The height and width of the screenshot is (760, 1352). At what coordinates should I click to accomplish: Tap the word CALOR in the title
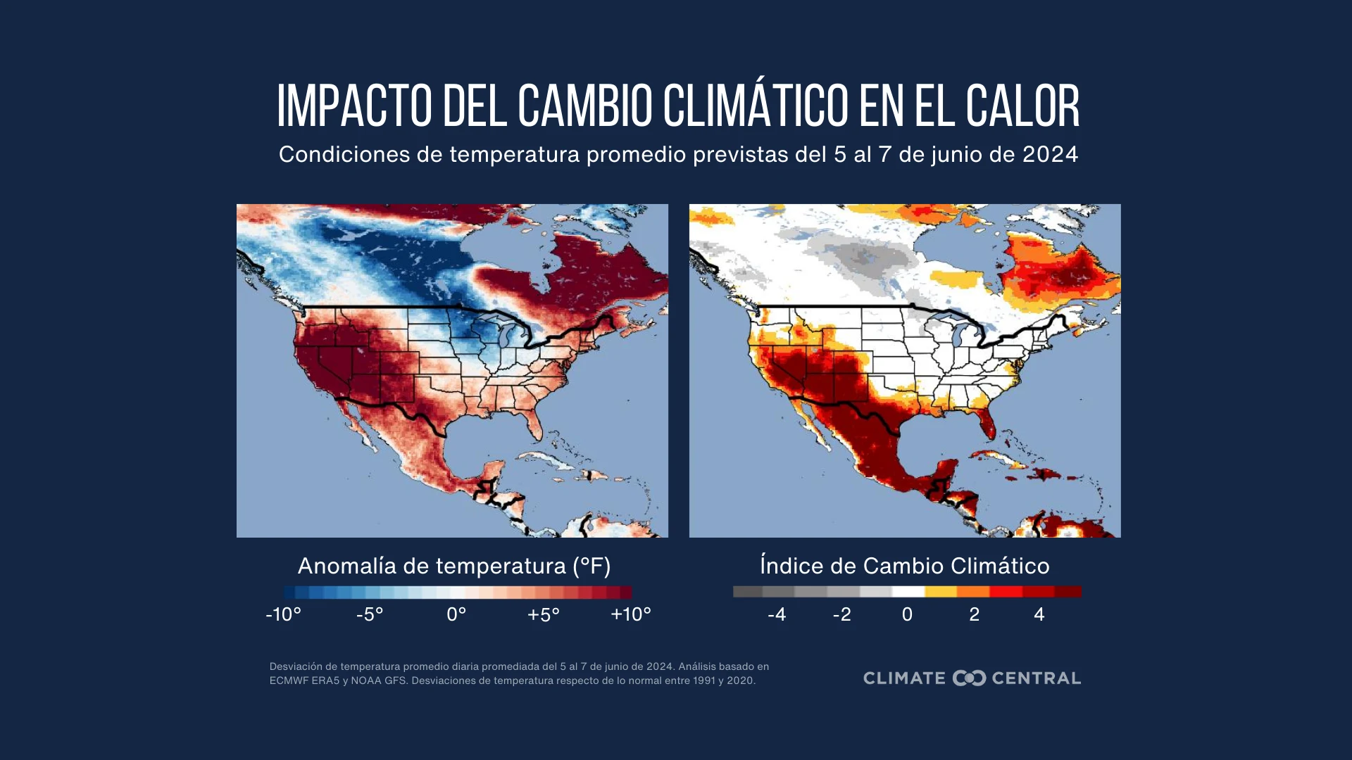[x=1022, y=106]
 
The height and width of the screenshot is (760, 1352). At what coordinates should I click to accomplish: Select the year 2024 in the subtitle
[x=1050, y=154]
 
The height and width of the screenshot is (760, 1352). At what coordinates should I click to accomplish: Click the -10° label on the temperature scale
[x=283, y=614]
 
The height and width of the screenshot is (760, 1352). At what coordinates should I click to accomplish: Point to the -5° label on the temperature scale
[x=370, y=614]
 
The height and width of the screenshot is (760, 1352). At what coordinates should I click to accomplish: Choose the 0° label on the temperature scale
[x=456, y=614]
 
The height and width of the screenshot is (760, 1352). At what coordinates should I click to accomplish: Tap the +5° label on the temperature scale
[x=544, y=614]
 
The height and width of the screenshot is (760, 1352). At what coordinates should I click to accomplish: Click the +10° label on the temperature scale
[x=631, y=614]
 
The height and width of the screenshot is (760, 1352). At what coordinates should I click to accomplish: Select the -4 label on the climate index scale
[x=777, y=614]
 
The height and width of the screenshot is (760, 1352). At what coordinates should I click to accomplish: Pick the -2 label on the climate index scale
[x=842, y=614]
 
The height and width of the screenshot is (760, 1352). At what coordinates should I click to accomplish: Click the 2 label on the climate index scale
[x=975, y=614]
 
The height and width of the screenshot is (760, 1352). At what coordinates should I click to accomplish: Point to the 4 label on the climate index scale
[x=1039, y=614]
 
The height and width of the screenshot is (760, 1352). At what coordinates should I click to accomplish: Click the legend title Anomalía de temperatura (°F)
[x=454, y=566]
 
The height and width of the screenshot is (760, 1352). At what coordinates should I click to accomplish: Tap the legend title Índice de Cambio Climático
[x=905, y=566]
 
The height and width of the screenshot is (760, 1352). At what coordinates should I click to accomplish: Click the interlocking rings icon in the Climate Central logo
[x=969, y=678]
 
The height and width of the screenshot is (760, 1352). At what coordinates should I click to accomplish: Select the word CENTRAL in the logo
[x=1037, y=678]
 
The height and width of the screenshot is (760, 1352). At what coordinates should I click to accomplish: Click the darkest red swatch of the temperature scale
[x=626, y=592]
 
